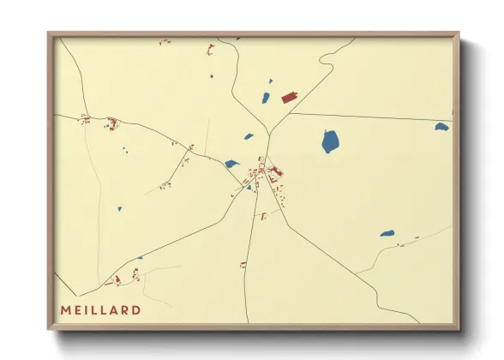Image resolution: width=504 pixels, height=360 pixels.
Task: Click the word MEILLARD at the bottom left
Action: click(100, 309)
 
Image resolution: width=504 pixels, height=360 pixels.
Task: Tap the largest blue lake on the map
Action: click(330, 141)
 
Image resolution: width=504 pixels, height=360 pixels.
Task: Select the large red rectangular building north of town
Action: click(289, 98)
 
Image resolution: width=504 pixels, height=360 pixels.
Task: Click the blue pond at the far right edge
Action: click(441, 127)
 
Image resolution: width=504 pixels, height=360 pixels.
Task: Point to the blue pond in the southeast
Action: click(387, 233)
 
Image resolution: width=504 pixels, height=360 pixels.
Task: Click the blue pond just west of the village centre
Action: click(231, 163)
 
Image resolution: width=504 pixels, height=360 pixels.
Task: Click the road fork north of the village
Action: click(269, 132)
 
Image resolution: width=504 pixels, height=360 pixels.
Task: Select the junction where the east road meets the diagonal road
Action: click(290, 113)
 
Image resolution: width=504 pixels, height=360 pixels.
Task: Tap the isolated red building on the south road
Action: click(243, 264)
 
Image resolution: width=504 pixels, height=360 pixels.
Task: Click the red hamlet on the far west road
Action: click(85, 119)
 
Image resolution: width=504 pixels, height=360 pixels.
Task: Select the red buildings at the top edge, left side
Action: click(164, 41)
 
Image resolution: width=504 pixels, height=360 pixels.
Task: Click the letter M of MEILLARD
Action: click(65, 309)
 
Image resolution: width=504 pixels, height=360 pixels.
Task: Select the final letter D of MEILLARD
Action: click(136, 309)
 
